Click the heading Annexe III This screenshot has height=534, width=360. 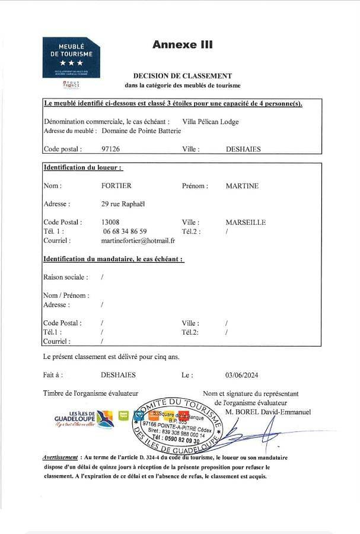click(x=182, y=44)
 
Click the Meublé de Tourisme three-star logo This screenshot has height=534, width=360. click(x=71, y=58)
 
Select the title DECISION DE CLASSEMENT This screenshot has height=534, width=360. click(x=182, y=76)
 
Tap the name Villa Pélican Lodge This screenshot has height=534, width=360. click(x=211, y=122)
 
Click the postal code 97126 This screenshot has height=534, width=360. click(x=111, y=150)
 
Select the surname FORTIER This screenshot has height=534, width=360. click(x=116, y=186)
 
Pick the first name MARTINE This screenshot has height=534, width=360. click(x=242, y=186)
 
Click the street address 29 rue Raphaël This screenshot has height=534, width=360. click(x=123, y=204)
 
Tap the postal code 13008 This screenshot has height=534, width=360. click(x=111, y=223)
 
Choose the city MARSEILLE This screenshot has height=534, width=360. click(x=246, y=223)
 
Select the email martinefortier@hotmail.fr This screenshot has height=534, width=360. click(x=138, y=240)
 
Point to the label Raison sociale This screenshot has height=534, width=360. click(x=66, y=277)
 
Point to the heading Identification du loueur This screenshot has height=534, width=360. click(x=83, y=168)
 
